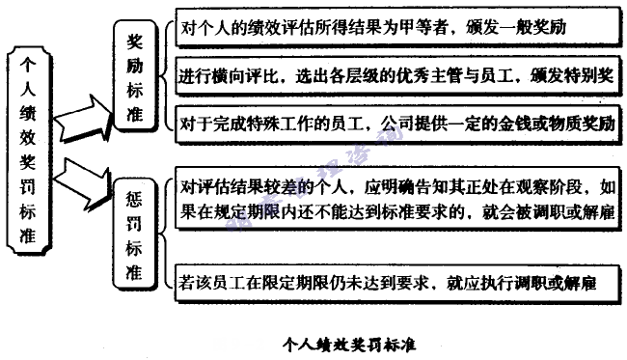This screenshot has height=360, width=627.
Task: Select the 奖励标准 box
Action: pos(137,78)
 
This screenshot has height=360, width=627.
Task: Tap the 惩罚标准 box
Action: pos(137,232)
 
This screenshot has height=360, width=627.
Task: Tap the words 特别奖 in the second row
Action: pos(591,75)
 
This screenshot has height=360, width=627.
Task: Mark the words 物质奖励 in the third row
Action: pos(585,123)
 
